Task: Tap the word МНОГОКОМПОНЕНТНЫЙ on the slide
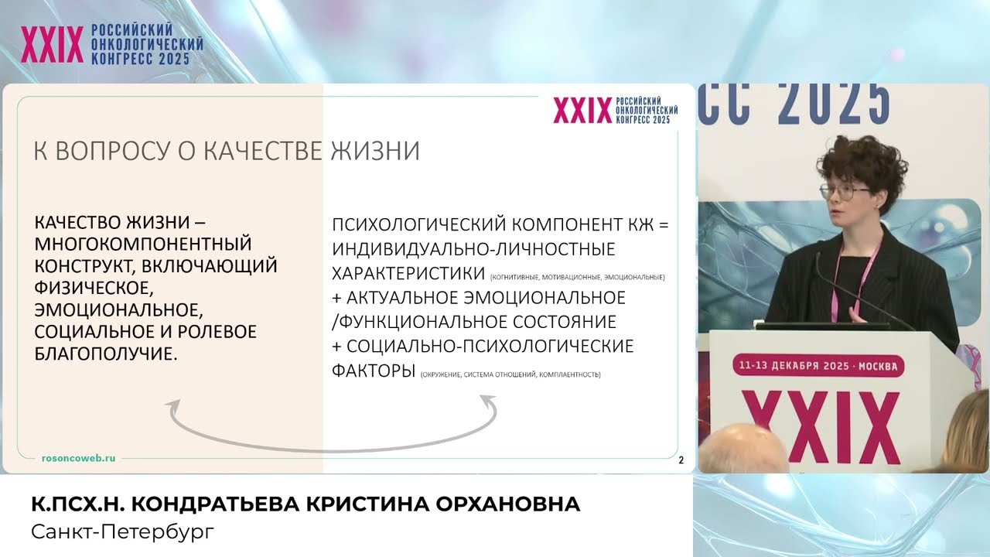pos(144,244)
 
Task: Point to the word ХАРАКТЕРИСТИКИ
pos(409,274)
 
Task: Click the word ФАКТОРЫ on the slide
pos(373,370)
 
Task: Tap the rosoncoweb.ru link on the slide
pos(78,458)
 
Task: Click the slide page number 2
pos(681,461)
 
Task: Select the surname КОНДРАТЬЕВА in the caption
pos(217,505)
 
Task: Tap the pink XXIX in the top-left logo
pos(52,46)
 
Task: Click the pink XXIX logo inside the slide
pos(582,111)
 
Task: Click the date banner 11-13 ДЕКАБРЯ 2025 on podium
pos(818,365)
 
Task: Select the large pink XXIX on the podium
pos(820,426)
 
